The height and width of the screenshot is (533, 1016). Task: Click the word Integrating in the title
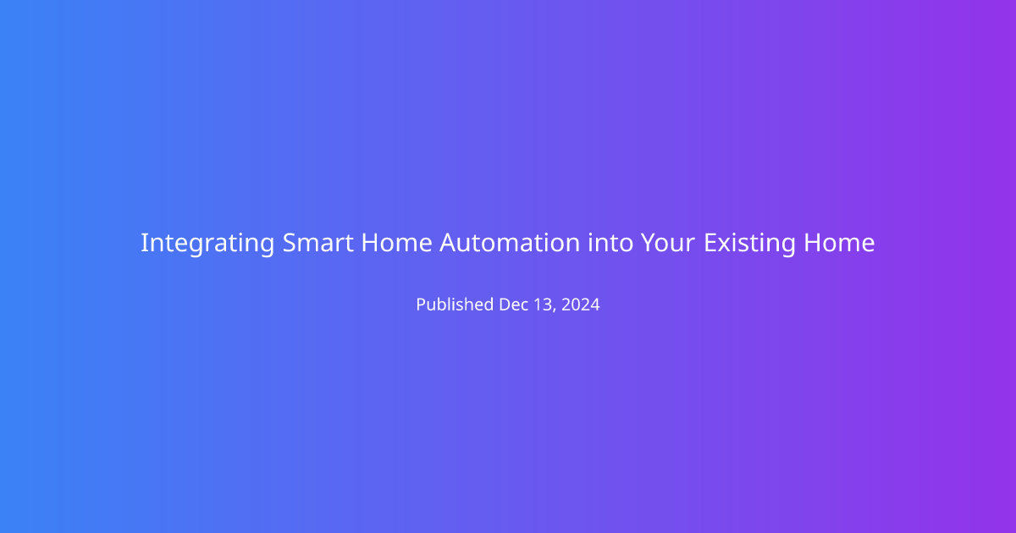(x=207, y=244)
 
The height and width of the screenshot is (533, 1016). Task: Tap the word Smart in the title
(x=318, y=243)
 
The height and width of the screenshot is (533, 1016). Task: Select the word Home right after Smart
(x=397, y=243)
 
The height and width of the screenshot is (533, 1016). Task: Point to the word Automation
(x=510, y=243)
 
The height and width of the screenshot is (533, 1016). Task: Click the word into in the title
(x=610, y=243)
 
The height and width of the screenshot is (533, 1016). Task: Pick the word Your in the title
(x=668, y=243)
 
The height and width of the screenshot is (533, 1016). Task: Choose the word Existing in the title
(x=750, y=244)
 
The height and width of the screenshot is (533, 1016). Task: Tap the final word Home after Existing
(x=839, y=243)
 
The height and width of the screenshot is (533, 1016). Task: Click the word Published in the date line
(x=455, y=304)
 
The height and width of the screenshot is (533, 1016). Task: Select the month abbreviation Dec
(x=514, y=304)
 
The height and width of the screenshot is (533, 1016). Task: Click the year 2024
(x=581, y=304)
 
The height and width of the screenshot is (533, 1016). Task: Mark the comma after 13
(x=555, y=310)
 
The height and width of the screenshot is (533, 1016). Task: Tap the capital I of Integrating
(x=144, y=243)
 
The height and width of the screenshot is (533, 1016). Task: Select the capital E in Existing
(x=710, y=243)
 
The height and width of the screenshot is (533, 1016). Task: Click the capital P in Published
(x=422, y=304)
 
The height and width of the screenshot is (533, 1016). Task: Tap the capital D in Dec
(x=505, y=304)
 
